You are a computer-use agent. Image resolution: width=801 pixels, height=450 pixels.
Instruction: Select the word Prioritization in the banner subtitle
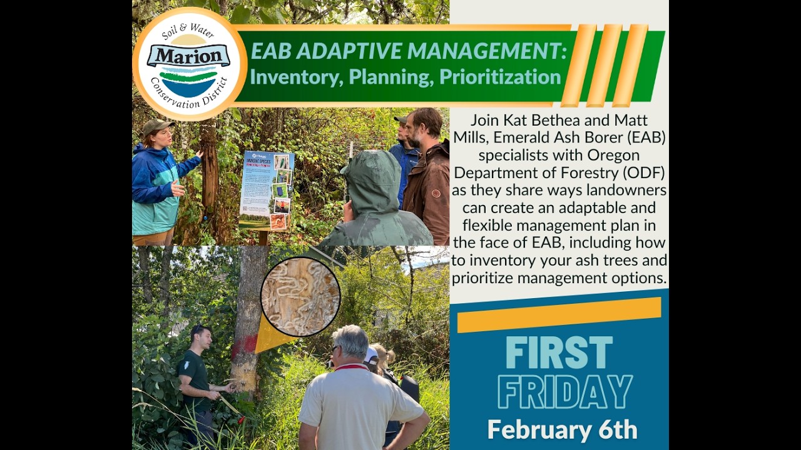pos(500,77)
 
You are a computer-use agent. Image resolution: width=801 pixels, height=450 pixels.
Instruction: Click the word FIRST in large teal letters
pos(559,353)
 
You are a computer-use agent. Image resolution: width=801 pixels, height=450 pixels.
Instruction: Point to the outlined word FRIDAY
pos(564,392)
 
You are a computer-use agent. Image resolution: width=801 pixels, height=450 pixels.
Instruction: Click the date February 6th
pos(562,430)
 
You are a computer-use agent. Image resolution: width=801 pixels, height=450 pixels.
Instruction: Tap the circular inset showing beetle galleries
pos(300,297)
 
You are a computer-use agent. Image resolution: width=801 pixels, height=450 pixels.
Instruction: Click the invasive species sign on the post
pos(266,189)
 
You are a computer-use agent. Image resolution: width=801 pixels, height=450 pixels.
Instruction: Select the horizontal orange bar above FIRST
pos(559,314)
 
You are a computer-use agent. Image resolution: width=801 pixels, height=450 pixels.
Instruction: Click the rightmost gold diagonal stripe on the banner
pos(630,66)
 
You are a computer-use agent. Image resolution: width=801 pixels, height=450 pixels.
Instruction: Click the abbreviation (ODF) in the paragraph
pos(642,172)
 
